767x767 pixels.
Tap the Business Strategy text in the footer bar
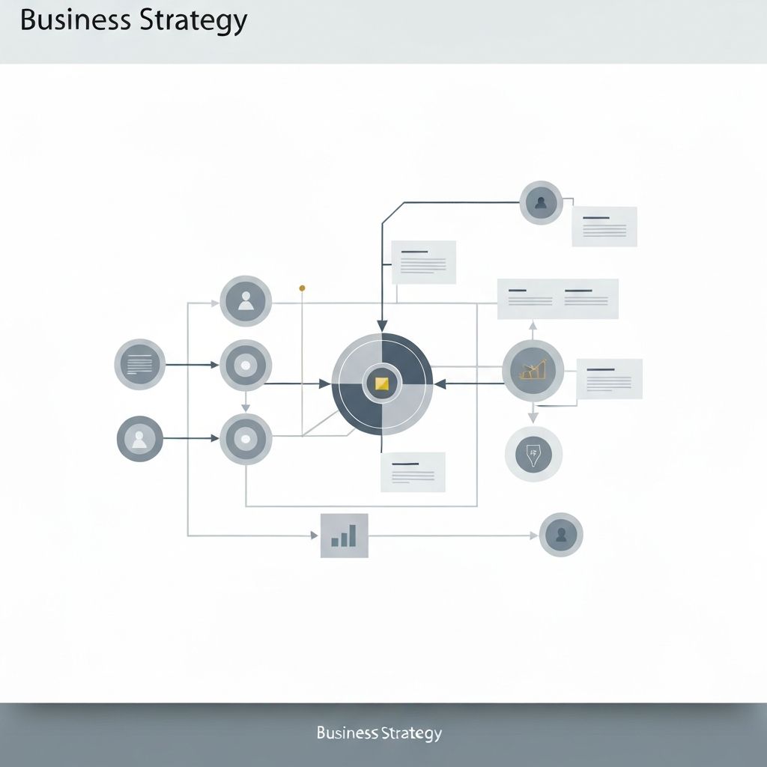coord(379,733)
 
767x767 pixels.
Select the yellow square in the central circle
coord(382,384)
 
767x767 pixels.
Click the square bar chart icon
coord(344,536)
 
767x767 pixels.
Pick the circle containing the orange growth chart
coord(533,370)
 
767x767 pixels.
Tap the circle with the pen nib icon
coord(533,454)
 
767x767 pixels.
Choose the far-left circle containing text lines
coord(139,365)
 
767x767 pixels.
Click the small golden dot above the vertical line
coord(302,288)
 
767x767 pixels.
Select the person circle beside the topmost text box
coord(541,202)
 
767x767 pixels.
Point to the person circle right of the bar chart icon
coord(560,535)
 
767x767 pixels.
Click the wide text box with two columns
coord(558,299)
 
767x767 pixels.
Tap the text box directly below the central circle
coord(413,472)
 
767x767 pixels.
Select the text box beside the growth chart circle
coord(609,378)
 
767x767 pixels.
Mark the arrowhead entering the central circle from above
coord(382,326)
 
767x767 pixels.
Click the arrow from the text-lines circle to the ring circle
coord(192,365)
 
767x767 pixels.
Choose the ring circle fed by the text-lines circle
coord(245,366)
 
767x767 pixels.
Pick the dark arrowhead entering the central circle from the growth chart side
coord(440,384)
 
